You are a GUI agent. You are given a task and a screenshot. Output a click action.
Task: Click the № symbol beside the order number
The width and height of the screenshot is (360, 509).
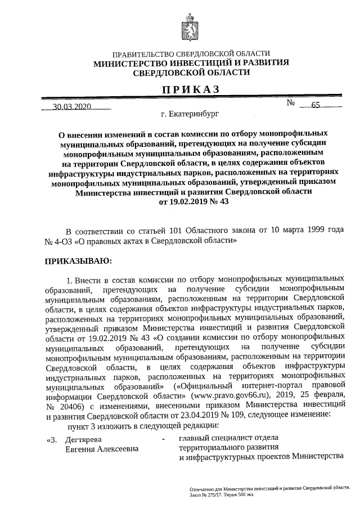(x=291, y=104)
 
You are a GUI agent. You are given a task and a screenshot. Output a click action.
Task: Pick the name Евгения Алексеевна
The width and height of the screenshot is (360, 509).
(x=101, y=449)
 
